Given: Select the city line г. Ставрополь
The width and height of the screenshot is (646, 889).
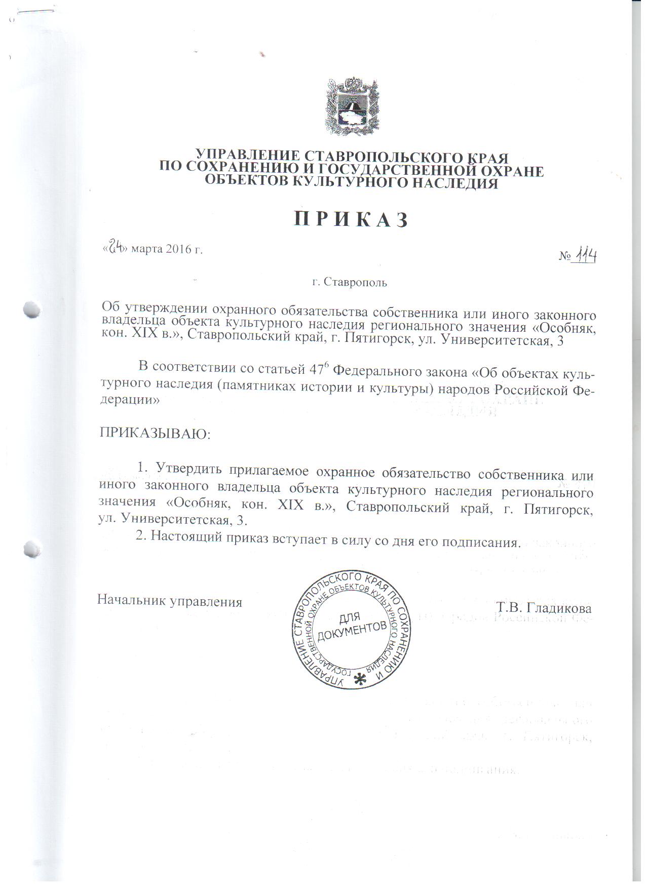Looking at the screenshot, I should coord(350,283).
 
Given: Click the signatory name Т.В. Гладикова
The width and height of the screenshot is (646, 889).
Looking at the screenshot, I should coord(544,607).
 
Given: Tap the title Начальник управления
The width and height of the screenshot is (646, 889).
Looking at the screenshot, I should coord(170,602).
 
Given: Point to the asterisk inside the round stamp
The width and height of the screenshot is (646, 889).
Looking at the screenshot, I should coord(360,678).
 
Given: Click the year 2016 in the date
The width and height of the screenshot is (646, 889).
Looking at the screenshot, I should coord(177,249).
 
